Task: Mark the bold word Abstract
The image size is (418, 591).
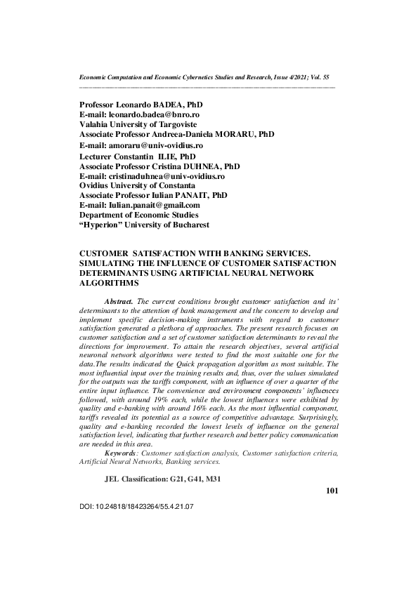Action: [x=118, y=300]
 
